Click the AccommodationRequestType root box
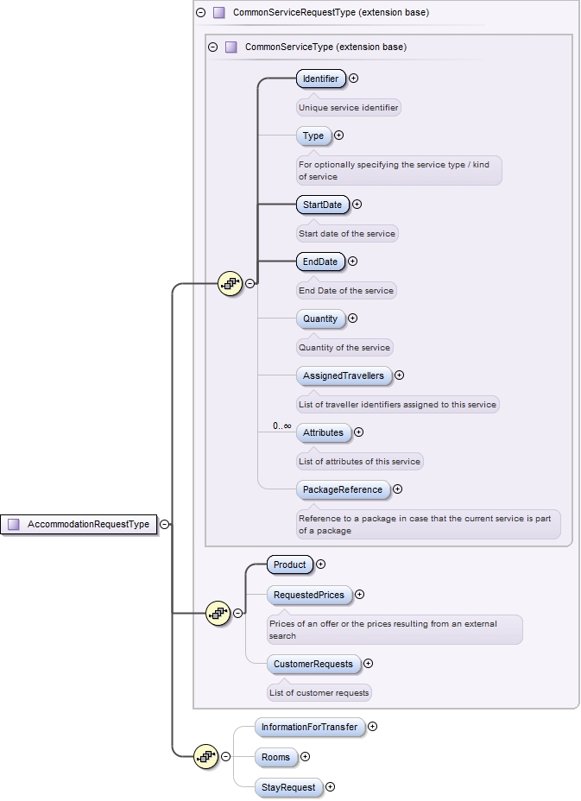point(80,524)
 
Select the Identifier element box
point(320,79)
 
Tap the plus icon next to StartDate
point(357,205)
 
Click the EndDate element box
point(319,262)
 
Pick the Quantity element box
point(320,319)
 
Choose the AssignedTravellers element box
point(343,375)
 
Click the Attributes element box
point(323,432)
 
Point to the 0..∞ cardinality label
point(281,426)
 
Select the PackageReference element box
point(342,489)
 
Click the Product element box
point(289,564)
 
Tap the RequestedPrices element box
point(308,595)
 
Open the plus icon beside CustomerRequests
point(369,664)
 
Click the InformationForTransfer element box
point(309,727)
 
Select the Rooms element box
point(275,757)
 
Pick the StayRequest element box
point(287,787)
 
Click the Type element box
point(313,136)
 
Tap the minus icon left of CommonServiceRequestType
point(200,13)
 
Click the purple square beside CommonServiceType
point(231,47)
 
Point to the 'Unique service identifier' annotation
point(349,108)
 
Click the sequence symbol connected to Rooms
point(205,757)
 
